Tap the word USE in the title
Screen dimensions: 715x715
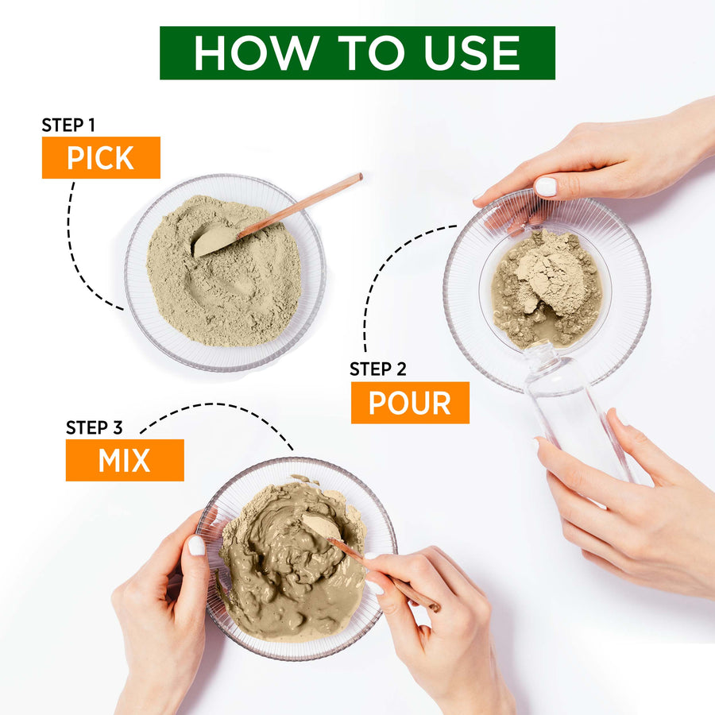pyautogui.click(x=471, y=53)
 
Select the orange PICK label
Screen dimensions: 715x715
pyautogui.click(x=101, y=157)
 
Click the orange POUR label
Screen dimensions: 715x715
pyautogui.click(x=410, y=403)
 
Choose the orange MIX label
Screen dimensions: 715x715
pyautogui.click(x=125, y=460)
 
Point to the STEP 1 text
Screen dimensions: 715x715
pyautogui.click(x=68, y=125)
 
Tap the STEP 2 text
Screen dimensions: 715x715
pyautogui.click(x=378, y=369)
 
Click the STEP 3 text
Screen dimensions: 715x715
pyautogui.click(x=95, y=427)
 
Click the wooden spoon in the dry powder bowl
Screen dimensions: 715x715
pyautogui.click(x=278, y=214)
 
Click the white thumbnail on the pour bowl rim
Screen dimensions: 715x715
pyautogui.click(x=546, y=187)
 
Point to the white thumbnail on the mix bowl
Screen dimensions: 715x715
pyautogui.click(x=196, y=545)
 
